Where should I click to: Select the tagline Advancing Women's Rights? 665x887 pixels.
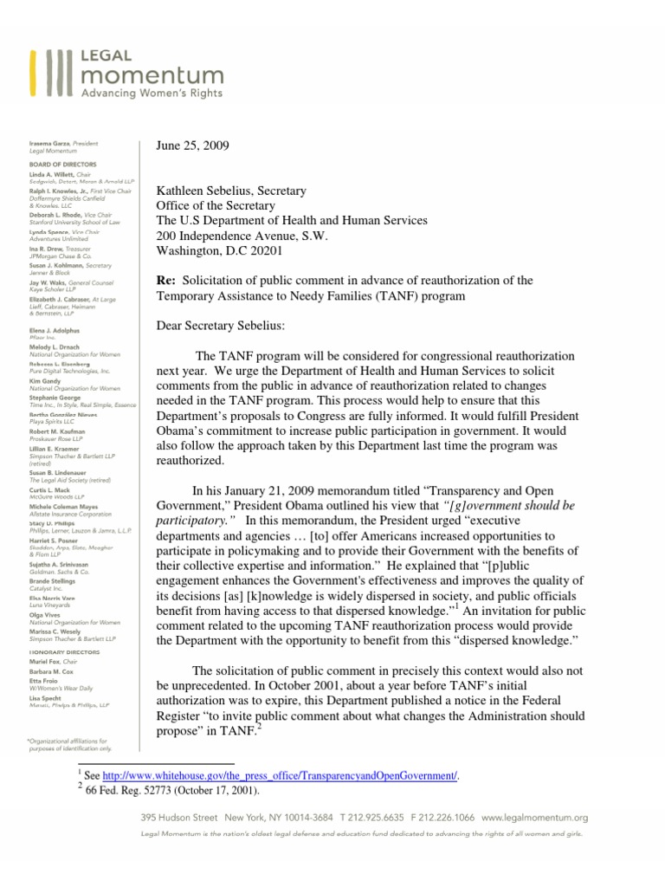(152, 92)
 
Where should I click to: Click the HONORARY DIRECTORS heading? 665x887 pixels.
(66, 651)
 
